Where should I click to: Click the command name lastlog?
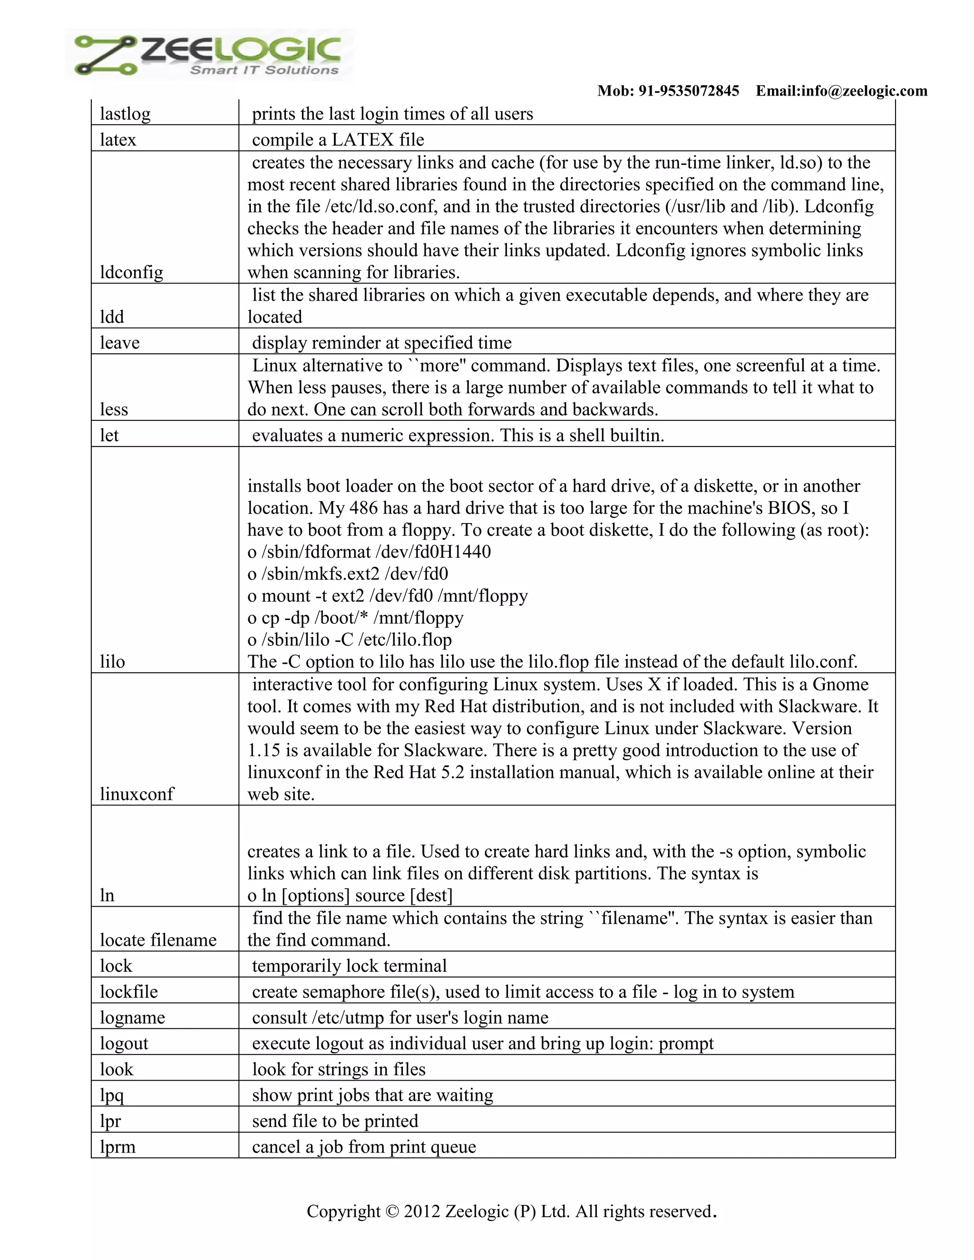pyautogui.click(x=125, y=114)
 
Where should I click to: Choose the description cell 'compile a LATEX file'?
pyautogui.click(x=338, y=140)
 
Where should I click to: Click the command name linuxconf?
pyautogui.click(x=137, y=794)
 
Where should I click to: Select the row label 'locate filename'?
pyautogui.click(x=158, y=940)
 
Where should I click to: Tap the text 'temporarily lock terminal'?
pyautogui.click(x=349, y=966)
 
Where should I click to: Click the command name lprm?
pyautogui.click(x=118, y=1146)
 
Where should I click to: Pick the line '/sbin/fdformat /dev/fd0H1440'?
pyautogui.click(x=376, y=552)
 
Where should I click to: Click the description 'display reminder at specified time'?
pyautogui.click(x=381, y=343)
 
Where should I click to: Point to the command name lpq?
pyautogui.click(x=112, y=1095)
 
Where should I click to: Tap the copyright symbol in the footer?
pyautogui.click(x=392, y=1211)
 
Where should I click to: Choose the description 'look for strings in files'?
pyautogui.click(x=339, y=1069)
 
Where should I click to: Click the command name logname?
pyautogui.click(x=132, y=1017)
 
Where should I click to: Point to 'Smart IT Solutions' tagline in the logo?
pyautogui.click(x=264, y=70)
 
